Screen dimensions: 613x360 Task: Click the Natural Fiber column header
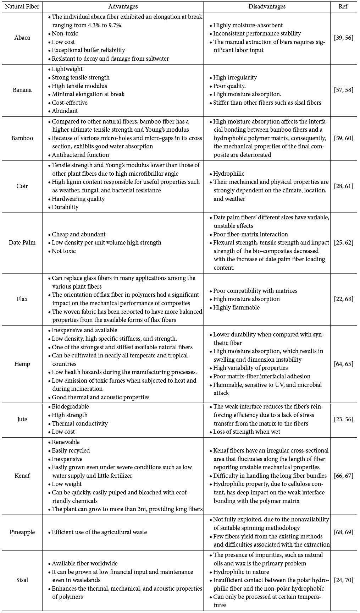(22, 6)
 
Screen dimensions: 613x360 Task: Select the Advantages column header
(123, 6)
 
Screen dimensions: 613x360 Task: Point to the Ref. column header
(343, 6)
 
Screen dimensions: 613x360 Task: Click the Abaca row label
(22, 38)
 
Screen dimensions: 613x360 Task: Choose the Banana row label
(22, 90)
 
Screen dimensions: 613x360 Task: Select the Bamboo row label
(22, 138)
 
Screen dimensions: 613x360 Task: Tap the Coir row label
(22, 186)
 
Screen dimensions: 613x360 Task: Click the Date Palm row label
(22, 243)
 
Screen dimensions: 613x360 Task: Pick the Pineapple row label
(22, 532)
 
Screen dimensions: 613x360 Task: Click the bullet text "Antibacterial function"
(80, 155)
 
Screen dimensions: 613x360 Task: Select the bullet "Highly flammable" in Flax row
(236, 307)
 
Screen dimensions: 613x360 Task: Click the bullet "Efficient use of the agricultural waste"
(99, 532)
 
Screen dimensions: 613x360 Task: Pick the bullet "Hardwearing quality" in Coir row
(78, 199)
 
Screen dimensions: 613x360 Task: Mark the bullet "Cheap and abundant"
(78, 234)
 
